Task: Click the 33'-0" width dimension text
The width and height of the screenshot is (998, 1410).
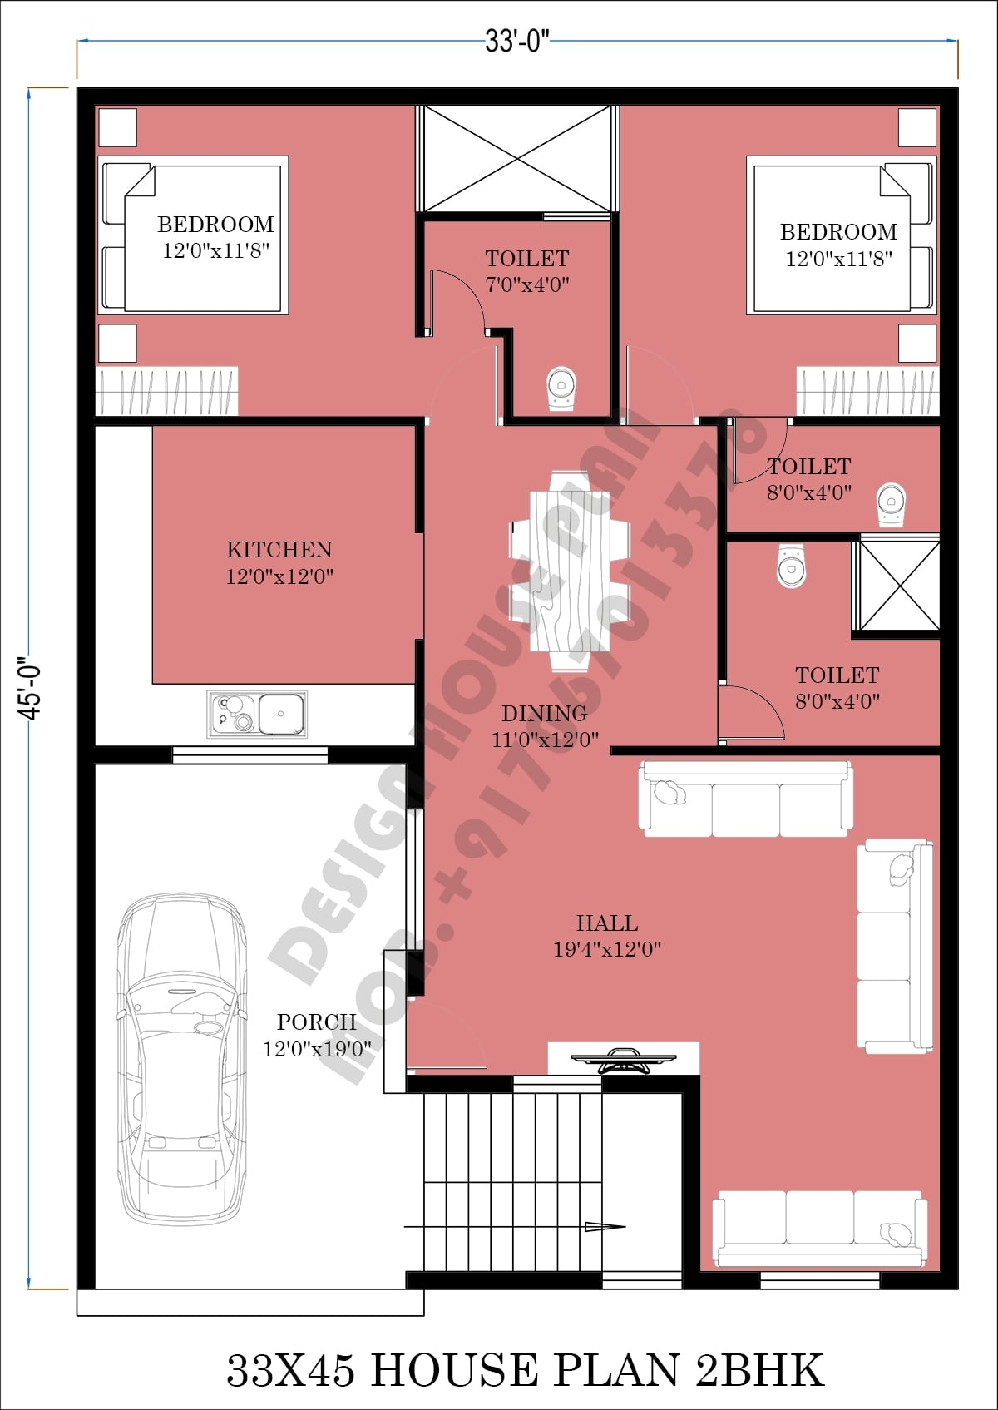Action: pos(516,41)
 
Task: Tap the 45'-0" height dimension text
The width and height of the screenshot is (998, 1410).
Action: pos(31,690)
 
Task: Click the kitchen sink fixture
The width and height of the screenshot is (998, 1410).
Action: pos(257,714)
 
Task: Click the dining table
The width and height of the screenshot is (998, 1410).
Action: pos(571,571)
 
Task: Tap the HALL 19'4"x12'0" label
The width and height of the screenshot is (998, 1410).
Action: pos(607,935)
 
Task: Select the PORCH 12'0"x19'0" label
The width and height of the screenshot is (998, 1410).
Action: pos(317,1035)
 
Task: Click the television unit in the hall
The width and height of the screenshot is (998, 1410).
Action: pos(623,1059)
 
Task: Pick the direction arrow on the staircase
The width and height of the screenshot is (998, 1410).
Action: pos(604,1226)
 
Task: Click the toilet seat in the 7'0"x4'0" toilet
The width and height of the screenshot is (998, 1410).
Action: pos(561,388)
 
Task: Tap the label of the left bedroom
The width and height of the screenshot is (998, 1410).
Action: pos(215,236)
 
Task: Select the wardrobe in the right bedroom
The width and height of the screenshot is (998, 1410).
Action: pos(867,391)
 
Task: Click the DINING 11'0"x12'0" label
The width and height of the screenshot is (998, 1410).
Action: pos(545,725)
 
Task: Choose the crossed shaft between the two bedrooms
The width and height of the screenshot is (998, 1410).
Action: pos(517,158)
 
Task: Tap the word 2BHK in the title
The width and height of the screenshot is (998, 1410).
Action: pos(759,1370)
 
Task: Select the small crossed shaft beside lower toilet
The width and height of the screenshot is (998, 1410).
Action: pos(898,585)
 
